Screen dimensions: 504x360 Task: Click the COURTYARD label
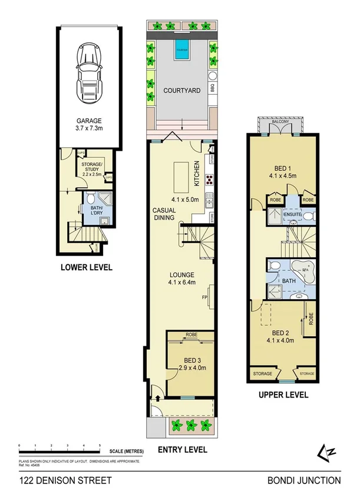[x=180, y=91]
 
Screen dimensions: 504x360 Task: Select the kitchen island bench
[x=180, y=174]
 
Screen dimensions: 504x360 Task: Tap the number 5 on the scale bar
[x=100, y=445]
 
